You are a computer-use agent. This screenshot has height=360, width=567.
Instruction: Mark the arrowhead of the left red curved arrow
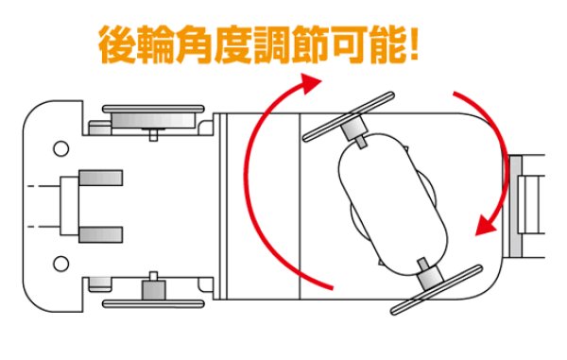click(308, 86)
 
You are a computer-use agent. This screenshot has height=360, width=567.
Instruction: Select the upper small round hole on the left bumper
click(60, 148)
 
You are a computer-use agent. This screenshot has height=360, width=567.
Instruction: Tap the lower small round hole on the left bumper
click(60, 262)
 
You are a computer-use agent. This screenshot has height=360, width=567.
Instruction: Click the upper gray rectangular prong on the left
click(101, 177)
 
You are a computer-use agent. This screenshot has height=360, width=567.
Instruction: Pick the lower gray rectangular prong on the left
click(101, 234)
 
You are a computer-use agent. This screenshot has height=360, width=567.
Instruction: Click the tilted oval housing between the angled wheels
click(391, 204)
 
